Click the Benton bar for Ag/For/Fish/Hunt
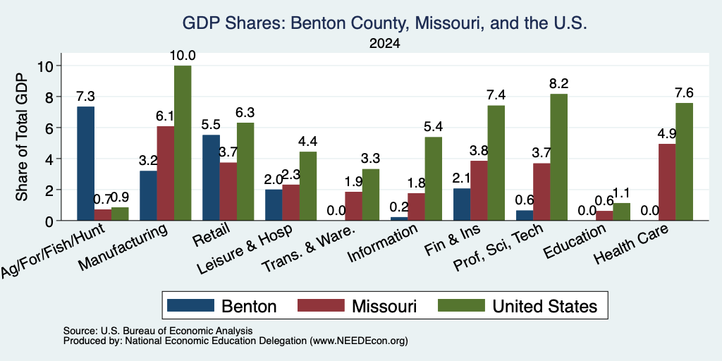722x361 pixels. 85,164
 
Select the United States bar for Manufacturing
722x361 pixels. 183,143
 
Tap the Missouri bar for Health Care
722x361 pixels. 667,183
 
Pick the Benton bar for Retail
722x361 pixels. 211,178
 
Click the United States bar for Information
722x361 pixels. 434,178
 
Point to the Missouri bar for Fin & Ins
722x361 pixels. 479,190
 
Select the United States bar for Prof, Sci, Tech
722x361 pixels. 558,157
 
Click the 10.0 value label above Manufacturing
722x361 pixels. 183,56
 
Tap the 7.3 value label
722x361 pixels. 85,97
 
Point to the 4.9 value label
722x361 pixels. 667,134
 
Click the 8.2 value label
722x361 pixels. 559,84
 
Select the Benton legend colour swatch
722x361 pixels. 190,305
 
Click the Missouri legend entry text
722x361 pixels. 384,306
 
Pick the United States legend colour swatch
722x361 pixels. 461,305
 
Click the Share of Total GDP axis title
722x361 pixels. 22,137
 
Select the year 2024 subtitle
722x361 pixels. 384,44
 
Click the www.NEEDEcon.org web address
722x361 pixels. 359,341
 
